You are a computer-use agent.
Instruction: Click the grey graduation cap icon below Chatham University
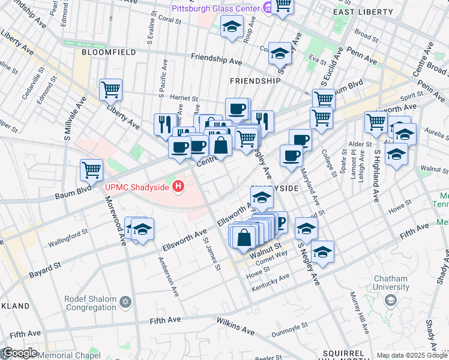pyautogui.click(x=390, y=300)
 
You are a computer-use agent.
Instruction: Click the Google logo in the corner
pyautogui.click(x=19, y=353)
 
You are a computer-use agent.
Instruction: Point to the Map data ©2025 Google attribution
pyautogui.click(x=412, y=355)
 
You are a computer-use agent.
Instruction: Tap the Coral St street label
pyautogui.click(x=170, y=20)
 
